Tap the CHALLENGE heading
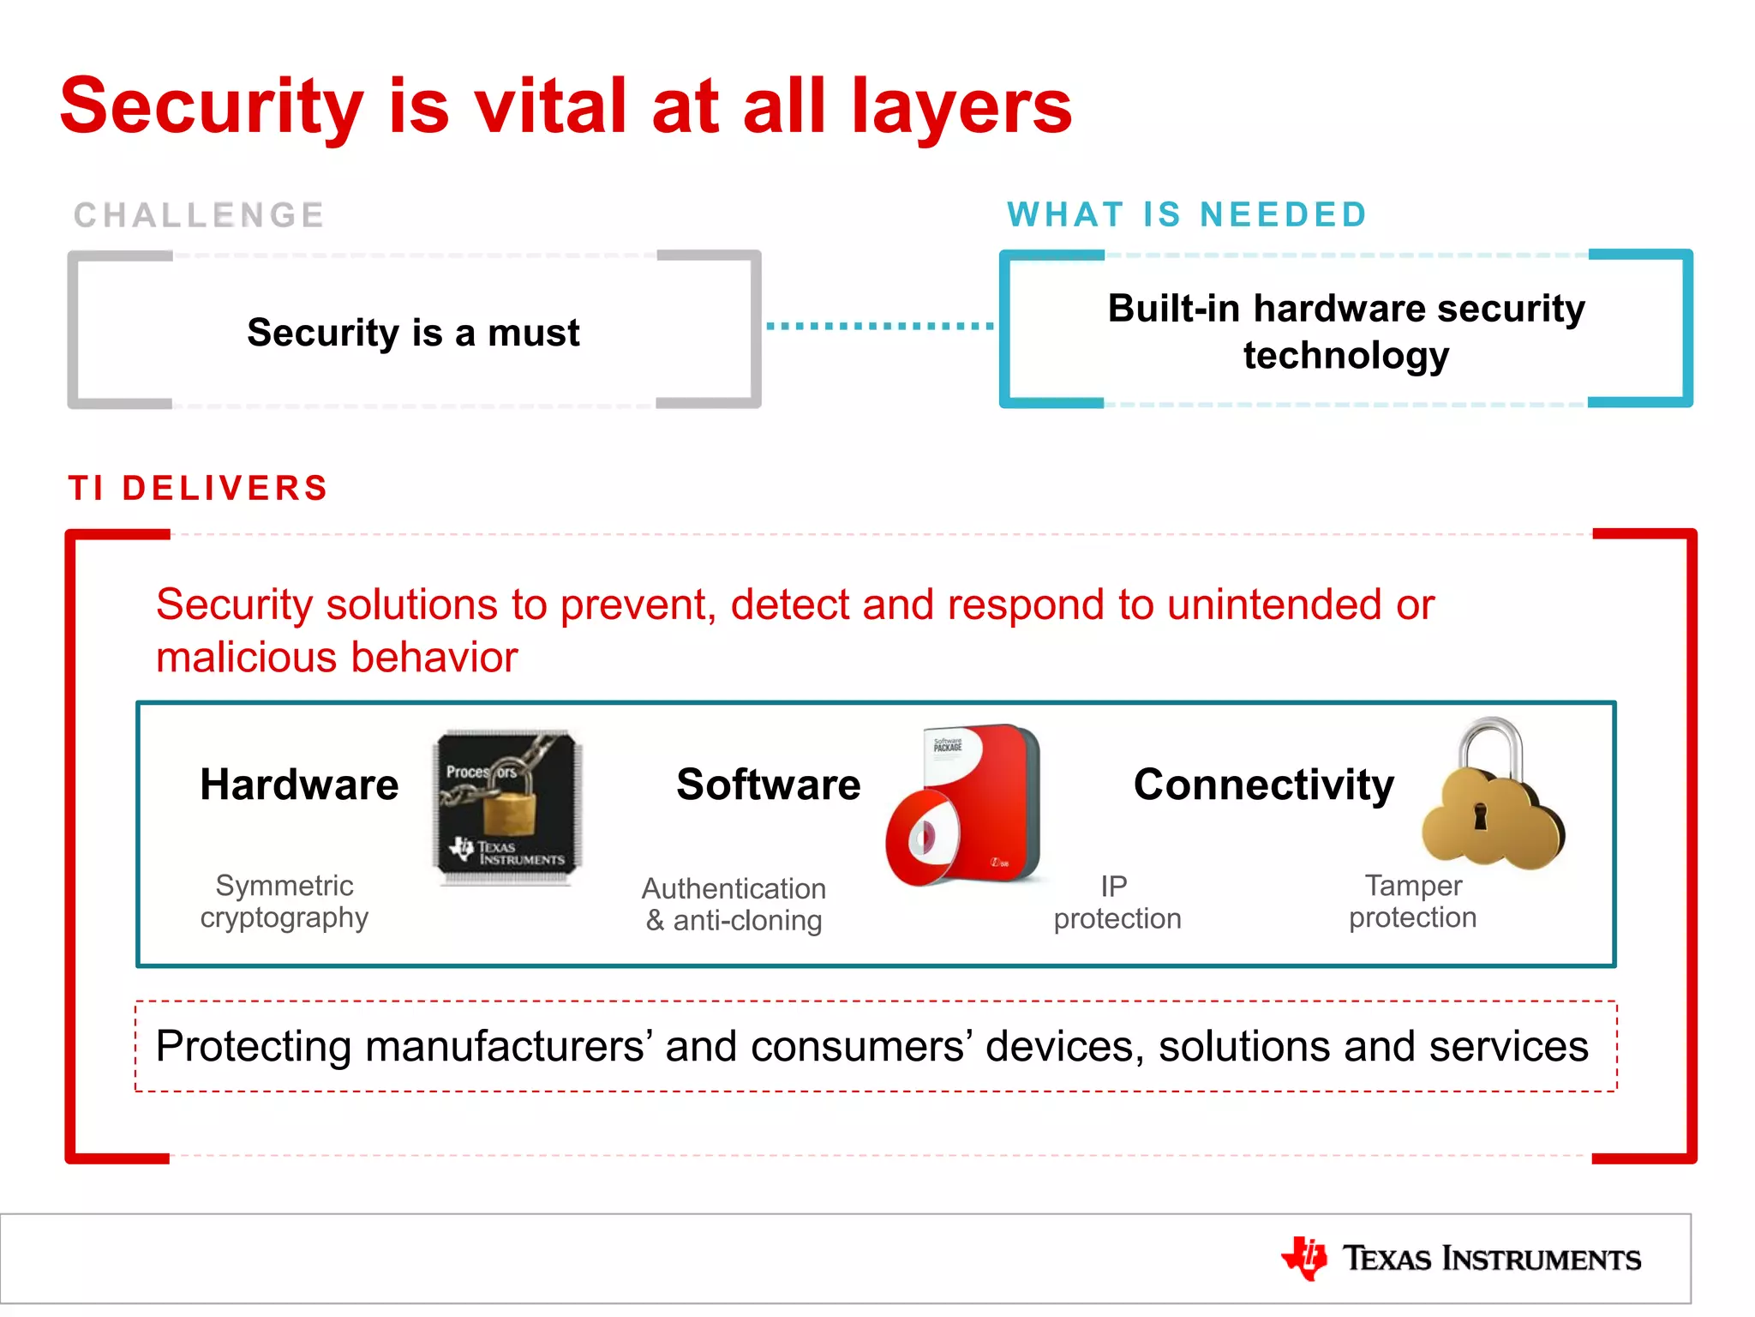coord(199,215)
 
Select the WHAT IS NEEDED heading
coord(1187,214)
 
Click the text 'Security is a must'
coord(413,333)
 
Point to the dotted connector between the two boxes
coord(879,326)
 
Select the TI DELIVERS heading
coord(199,488)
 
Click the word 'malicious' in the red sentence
coord(248,658)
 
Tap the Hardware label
coord(299,785)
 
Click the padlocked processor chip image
coord(507,806)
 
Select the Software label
coord(768,785)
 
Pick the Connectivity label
coord(1263,785)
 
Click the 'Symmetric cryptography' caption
coord(285,901)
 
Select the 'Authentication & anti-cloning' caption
coord(734,904)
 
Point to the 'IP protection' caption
coord(1117,902)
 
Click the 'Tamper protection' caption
coord(1412,901)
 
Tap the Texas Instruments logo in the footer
coord(1461,1259)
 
